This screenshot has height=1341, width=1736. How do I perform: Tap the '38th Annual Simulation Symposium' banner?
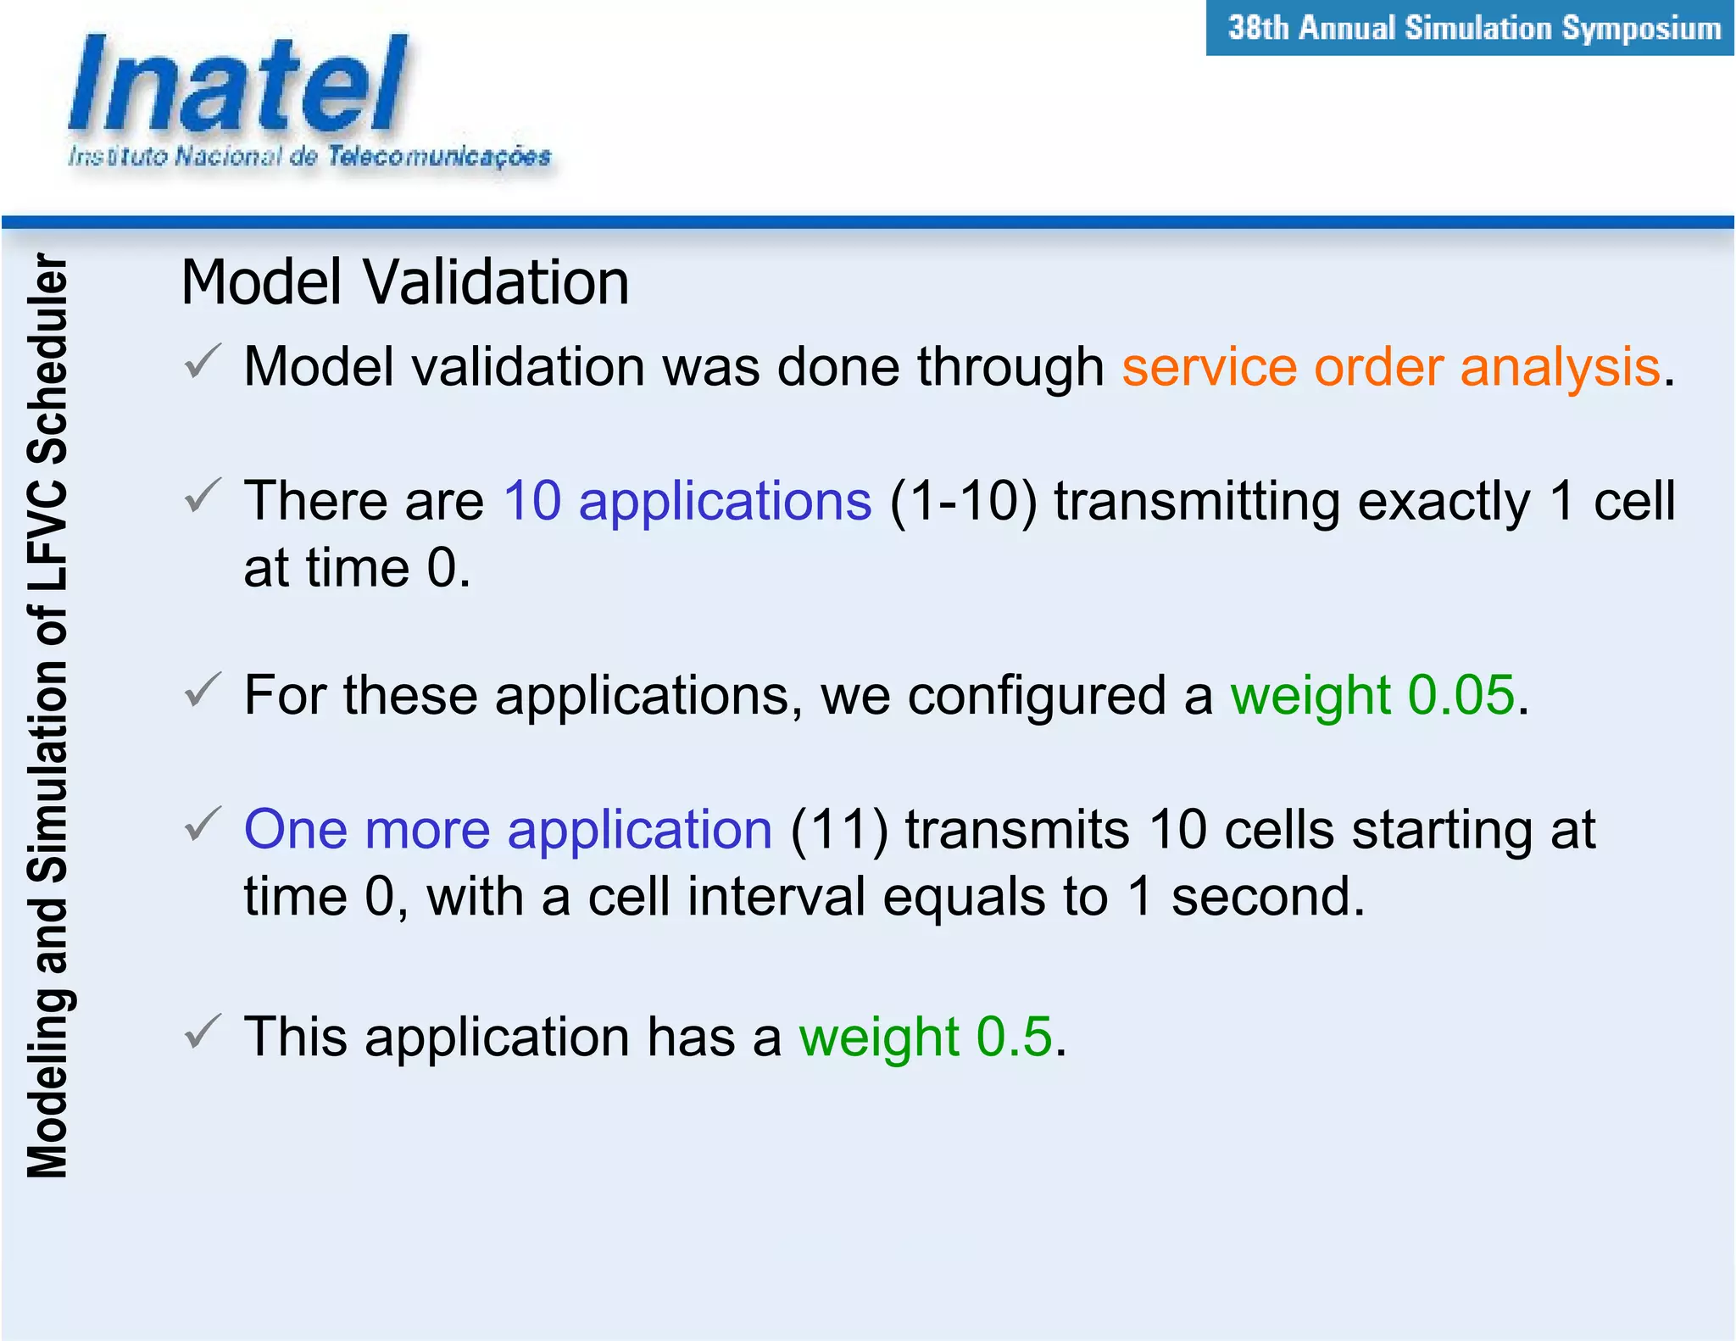click(1473, 29)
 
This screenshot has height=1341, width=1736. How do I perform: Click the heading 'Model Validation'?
click(405, 282)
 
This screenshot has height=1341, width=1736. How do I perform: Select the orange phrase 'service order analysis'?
click(1390, 367)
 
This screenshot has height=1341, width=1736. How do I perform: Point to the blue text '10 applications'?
click(687, 500)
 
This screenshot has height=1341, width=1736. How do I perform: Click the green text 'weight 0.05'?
click(1372, 695)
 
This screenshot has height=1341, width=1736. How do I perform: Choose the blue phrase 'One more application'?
click(508, 829)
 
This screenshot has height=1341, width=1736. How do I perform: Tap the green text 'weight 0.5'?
click(925, 1037)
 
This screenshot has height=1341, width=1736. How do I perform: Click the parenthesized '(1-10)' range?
click(963, 500)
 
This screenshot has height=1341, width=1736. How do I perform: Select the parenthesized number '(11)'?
click(839, 829)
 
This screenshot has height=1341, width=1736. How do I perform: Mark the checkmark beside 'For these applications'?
click(203, 690)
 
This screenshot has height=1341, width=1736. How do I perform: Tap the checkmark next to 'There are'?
click(203, 495)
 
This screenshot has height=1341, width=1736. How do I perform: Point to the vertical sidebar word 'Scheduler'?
click(47, 358)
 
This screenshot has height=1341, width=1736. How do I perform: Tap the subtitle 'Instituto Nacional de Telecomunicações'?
click(309, 157)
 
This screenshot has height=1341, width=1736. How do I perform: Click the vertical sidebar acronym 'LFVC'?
click(47, 536)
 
